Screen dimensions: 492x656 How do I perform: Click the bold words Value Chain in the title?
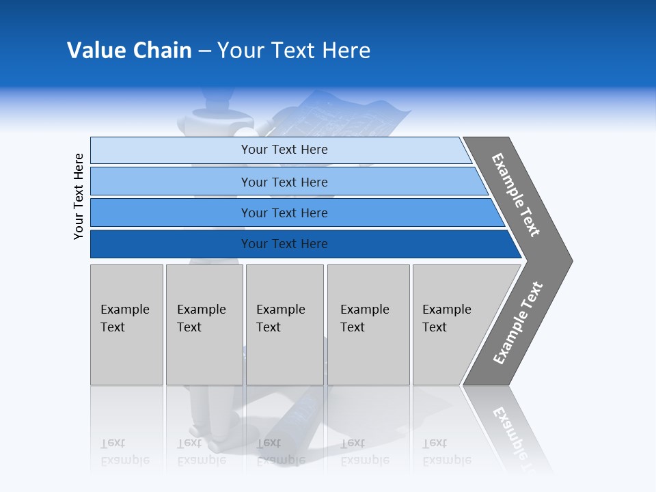[129, 51]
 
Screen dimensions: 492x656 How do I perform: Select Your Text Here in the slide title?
[294, 51]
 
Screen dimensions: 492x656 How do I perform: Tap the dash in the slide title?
[204, 51]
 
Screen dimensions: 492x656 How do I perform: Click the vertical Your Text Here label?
[79, 197]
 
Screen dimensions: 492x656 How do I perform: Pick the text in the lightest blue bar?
[284, 150]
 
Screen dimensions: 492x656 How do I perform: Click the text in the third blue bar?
[284, 213]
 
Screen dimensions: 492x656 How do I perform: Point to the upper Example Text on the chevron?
[516, 195]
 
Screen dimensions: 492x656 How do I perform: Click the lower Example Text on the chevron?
[518, 323]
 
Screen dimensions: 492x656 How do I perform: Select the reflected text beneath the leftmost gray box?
[124, 452]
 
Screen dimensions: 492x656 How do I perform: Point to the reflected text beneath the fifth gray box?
[446, 452]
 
